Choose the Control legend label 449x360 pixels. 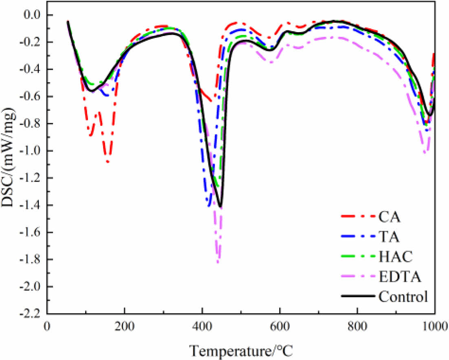coord(403,296)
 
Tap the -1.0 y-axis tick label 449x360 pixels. coord(33,151)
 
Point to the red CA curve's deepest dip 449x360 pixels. coord(107,162)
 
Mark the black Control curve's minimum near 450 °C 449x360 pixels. coord(221,207)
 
